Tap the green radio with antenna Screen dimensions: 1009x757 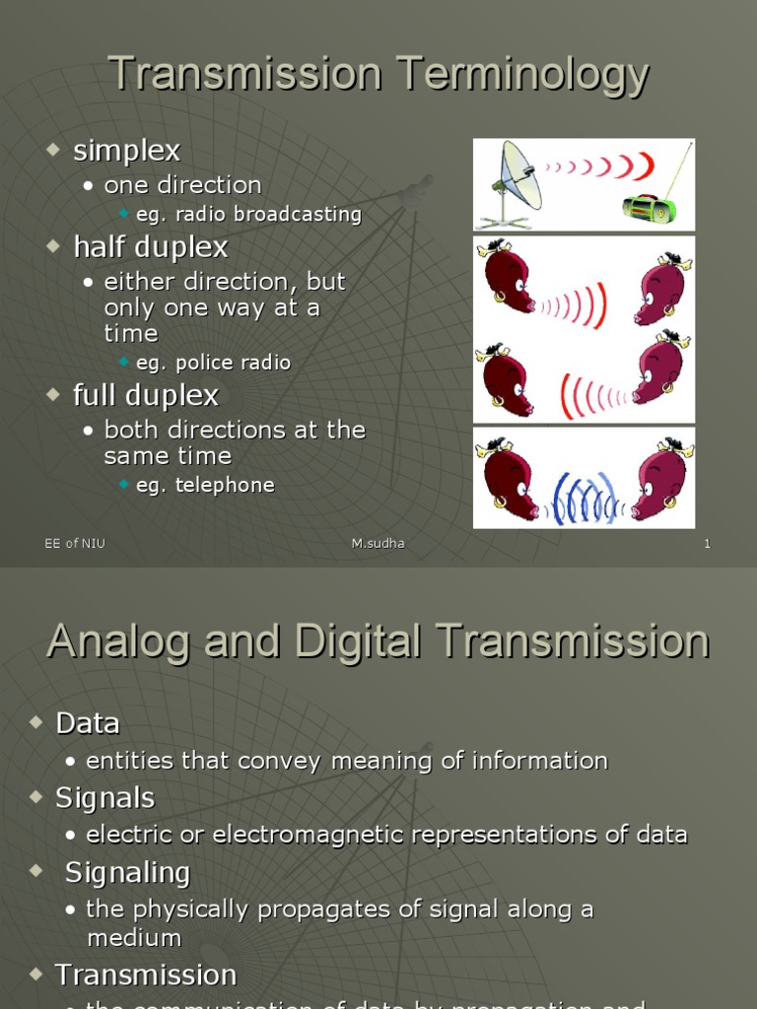(650, 208)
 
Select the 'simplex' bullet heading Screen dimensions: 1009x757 (126, 151)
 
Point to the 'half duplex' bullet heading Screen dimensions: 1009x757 (150, 246)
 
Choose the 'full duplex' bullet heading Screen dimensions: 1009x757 (145, 395)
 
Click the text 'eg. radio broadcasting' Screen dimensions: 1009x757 (248, 214)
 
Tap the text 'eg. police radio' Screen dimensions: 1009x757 (213, 363)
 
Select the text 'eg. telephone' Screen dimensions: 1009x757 (205, 485)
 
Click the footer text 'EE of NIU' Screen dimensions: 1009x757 (75, 544)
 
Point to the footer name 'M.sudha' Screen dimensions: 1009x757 (378, 544)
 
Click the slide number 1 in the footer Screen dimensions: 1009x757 (707, 544)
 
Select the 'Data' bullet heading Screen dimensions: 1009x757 (88, 723)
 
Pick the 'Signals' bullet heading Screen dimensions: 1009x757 (104, 797)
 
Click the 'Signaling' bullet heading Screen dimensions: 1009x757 (127, 872)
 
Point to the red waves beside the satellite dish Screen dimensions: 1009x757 (603, 167)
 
